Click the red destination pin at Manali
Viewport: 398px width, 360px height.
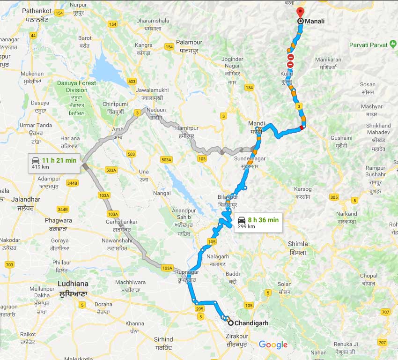pyautogui.click(x=300, y=13)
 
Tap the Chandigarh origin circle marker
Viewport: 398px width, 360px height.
pyautogui.click(x=231, y=323)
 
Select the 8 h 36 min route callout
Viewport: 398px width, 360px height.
pyautogui.click(x=258, y=222)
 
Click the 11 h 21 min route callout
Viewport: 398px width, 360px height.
pyautogui.click(x=54, y=163)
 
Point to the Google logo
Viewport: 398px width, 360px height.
pyautogui.click(x=273, y=345)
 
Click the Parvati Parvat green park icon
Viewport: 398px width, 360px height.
pyautogui.click(x=392, y=45)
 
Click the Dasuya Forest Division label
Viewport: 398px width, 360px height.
pyautogui.click(x=77, y=86)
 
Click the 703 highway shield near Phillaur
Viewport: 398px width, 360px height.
pyautogui.click(x=9, y=265)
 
